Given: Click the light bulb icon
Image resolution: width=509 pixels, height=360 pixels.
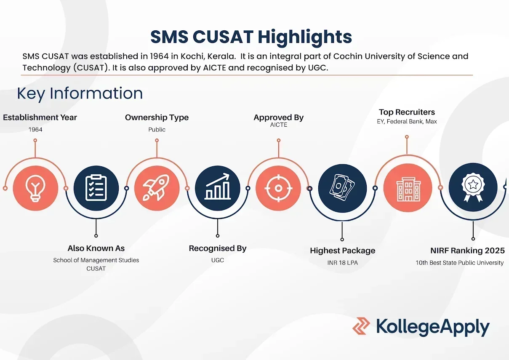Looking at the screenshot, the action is point(35,188).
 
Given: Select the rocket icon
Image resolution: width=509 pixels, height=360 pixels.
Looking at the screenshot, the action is point(156,188).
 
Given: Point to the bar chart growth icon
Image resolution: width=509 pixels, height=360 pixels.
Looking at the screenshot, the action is point(218,187).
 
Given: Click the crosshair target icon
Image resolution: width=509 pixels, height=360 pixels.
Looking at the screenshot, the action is point(278,188).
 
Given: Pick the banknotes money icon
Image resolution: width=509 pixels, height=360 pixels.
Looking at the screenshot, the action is point(342,188).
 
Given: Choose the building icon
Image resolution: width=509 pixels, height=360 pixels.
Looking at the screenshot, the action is point(408,189).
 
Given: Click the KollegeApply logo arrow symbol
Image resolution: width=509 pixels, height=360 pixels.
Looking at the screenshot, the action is point(361,326).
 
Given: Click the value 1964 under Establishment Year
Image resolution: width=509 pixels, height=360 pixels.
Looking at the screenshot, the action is point(35,130).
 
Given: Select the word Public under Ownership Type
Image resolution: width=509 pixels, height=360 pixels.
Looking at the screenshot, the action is point(157,130).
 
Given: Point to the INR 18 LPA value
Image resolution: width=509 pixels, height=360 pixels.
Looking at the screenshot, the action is point(342,263).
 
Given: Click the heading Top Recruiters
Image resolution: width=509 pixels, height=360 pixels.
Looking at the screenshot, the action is point(407,112).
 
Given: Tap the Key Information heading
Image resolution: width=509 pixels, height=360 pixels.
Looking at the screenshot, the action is point(80,93).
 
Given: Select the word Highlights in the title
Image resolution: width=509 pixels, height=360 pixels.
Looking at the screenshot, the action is point(305,37).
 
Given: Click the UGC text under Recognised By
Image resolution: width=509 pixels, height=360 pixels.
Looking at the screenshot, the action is point(218,260).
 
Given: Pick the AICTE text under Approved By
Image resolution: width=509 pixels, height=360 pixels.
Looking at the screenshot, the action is point(279,125).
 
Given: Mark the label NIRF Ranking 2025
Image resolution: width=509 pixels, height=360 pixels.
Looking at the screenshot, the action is point(467,251).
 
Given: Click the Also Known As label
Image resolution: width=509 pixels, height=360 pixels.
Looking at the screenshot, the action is point(96,248).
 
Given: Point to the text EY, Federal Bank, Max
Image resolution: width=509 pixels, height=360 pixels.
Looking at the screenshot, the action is point(407,121).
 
